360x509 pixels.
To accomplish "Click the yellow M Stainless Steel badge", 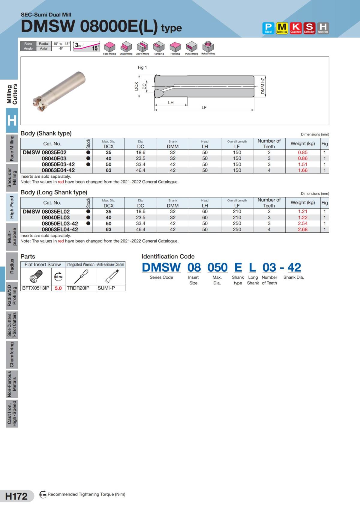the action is pyautogui.click(x=282, y=28).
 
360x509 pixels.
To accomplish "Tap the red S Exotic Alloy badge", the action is pyautogui.click(x=309, y=28).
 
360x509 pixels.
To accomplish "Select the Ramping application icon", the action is pyautogui.click(x=159, y=47).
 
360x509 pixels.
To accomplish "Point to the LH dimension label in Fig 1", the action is pyautogui.click(x=171, y=103).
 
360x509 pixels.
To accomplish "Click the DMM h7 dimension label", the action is pyautogui.click(x=263, y=86).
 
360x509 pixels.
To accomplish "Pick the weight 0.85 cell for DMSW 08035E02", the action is pyautogui.click(x=303, y=153).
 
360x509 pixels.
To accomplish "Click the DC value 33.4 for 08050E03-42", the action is pyautogui.click(x=140, y=164).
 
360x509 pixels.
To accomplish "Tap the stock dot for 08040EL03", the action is pyautogui.click(x=88, y=217).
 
